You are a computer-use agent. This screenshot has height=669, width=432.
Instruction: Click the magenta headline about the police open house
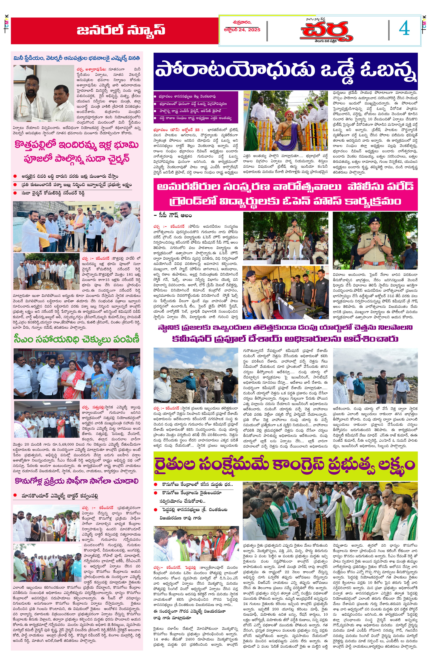[x=285, y=194]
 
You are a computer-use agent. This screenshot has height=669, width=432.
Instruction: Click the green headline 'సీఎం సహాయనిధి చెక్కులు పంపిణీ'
[x=77, y=339]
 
